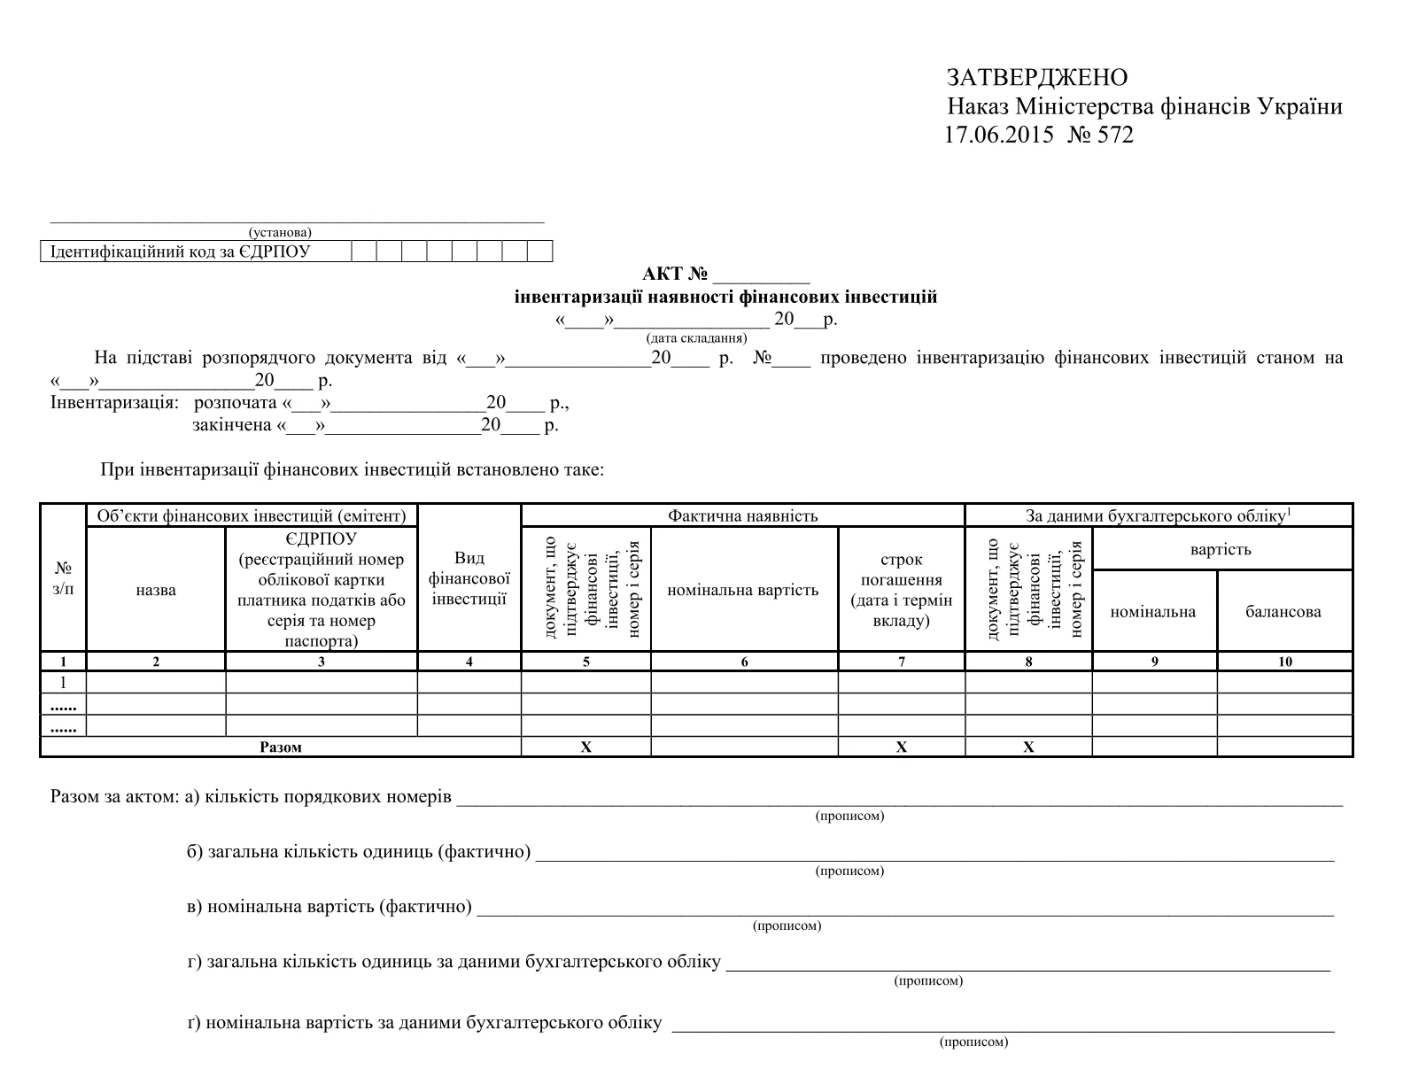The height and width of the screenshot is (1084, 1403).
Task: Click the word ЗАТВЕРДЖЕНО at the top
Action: pos(1037,78)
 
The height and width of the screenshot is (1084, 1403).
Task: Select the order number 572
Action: pos(1115,135)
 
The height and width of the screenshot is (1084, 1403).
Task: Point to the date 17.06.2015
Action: pos(998,135)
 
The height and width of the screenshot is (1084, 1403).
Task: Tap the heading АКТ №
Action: pos(678,275)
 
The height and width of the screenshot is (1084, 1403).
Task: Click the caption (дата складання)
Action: pos(696,337)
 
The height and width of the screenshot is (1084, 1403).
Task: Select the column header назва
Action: pos(156,590)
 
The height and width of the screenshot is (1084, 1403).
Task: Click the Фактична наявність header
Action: pos(742,515)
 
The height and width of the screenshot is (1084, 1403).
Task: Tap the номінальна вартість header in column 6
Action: pos(742,590)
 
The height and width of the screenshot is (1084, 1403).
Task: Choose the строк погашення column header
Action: pos(901,590)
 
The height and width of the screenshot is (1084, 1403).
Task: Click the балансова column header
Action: pos(1283,611)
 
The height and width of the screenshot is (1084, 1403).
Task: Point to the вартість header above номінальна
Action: pos(1221,549)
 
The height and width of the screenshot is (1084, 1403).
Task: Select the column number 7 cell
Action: pos(901,662)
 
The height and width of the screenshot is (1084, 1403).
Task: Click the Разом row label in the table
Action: pos(281,747)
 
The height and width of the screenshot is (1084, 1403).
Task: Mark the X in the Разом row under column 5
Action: pos(585,747)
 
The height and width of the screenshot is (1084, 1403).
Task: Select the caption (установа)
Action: pos(280,232)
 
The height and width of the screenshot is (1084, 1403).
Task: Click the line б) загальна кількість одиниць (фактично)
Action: pos(359,852)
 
